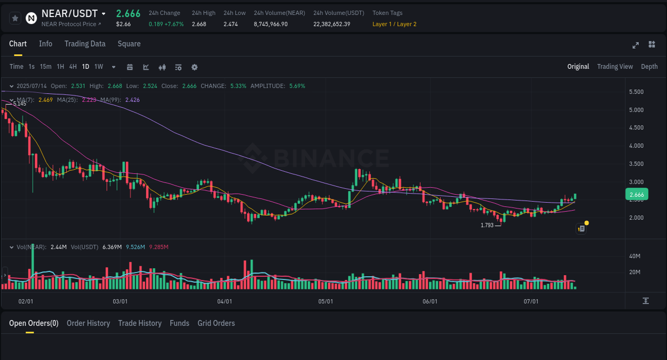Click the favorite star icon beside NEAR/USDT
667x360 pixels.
pyautogui.click(x=15, y=18)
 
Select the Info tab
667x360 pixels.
pyautogui.click(x=45, y=44)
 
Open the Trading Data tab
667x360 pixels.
pyautogui.click(x=85, y=44)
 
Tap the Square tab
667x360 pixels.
pyautogui.click(x=129, y=44)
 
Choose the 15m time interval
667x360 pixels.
pyautogui.click(x=46, y=67)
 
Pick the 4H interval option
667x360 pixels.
pyautogui.click(x=73, y=67)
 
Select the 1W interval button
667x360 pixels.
pyautogui.click(x=99, y=67)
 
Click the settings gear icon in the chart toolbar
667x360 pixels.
pyautogui.click(x=194, y=67)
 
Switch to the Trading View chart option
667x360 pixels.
pyautogui.click(x=615, y=67)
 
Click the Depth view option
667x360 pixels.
pyautogui.click(x=649, y=67)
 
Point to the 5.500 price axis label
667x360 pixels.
pyautogui.click(x=636, y=92)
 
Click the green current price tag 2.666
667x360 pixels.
pyautogui.click(x=637, y=195)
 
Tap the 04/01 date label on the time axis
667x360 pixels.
pyautogui.click(x=225, y=301)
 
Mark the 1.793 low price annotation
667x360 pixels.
pyautogui.click(x=487, y=225)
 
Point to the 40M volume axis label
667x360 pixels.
pyautogui.click(x=634, y=256)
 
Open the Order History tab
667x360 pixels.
pyautogui.click(x=88, y=323)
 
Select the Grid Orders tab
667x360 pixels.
pyautogui.click(x=216, y=323)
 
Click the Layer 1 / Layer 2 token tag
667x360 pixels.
pyautogui.click(x=394, y=24)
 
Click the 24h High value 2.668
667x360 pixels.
pyautogui.click(x=199, y=24)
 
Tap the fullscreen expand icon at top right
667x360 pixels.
pyautogui.click(x=636, y=45)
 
